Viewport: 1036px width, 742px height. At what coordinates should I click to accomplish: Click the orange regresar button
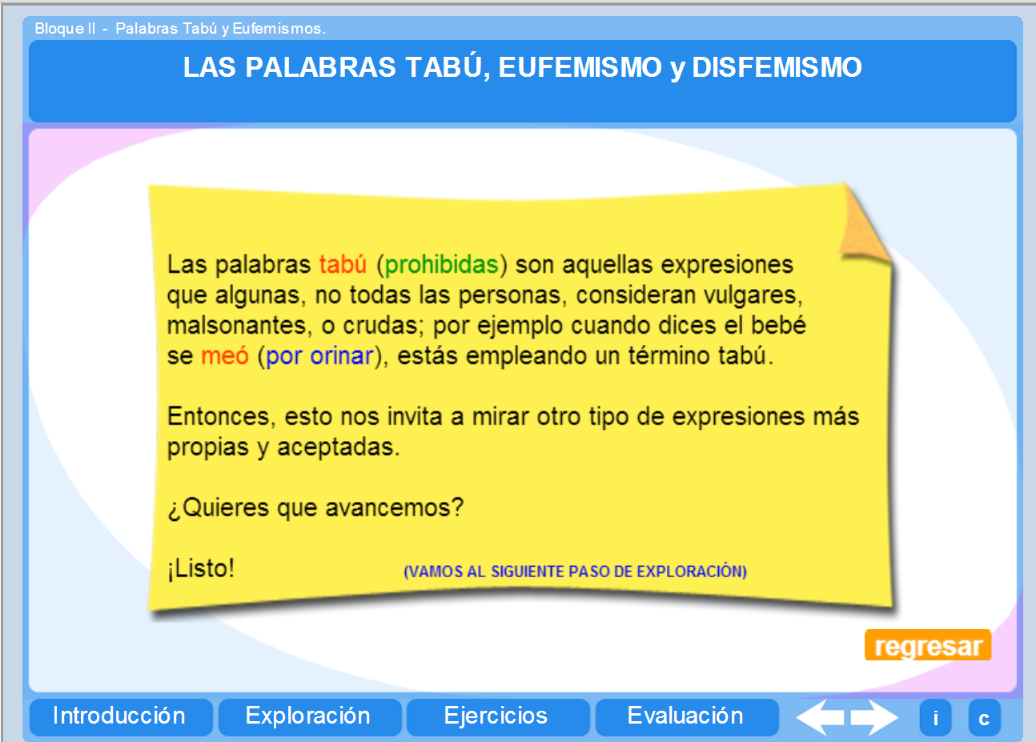(x=927, y=645)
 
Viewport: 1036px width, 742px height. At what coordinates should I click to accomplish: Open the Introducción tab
(x=120, y=716)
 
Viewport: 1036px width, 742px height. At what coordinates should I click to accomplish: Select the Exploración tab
(x=308, y=716)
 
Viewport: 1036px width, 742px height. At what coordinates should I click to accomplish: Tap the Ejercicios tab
(x=496, y=716)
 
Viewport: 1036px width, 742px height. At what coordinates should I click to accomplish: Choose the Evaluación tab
(x=685, y=716)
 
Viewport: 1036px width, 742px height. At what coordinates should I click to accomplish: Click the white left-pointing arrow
(x=820, y=717)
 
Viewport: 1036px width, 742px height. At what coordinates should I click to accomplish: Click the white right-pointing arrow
(x=874, y=717)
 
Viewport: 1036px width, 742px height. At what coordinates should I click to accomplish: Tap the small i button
(x=935, y=718)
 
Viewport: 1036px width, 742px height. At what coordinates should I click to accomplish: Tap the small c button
(x=984, y=718)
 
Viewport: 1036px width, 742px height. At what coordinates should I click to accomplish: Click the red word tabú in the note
(x=343, y=264)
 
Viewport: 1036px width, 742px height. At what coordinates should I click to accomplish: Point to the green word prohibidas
(x=442, y=264)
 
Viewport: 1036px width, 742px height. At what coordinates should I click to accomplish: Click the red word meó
(x=225, y=355)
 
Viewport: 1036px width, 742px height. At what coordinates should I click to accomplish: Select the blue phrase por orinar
(x=319, y=355)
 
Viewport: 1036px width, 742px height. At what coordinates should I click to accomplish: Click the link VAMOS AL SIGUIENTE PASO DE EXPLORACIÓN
(x=575, y=572)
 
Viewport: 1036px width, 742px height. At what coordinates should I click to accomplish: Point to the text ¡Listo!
(x=201, y=568)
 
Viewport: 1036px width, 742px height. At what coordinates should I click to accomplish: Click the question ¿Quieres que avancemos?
(x=315, y=507)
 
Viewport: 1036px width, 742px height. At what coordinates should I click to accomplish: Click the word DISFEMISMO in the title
(x=777, y=67)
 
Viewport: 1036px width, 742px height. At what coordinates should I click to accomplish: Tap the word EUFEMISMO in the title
(x=580, y=67)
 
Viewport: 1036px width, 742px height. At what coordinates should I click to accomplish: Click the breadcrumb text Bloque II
(x=65, y=29)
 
